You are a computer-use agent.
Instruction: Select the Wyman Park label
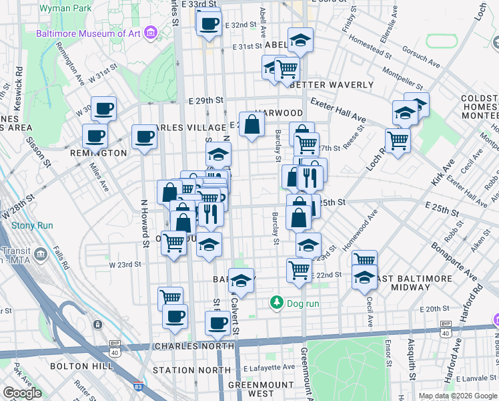pos(64,8)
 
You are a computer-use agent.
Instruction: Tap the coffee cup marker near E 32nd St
pos(209,23)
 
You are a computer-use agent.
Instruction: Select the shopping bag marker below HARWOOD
pos(252,124)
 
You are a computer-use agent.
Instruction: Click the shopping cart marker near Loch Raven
pos(398,140)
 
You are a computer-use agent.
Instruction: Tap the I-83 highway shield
pos(137,386)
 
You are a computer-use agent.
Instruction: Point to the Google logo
pos(22,393)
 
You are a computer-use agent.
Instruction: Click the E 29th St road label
pos(205,100)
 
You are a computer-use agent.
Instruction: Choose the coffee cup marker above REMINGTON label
pos(103,108)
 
